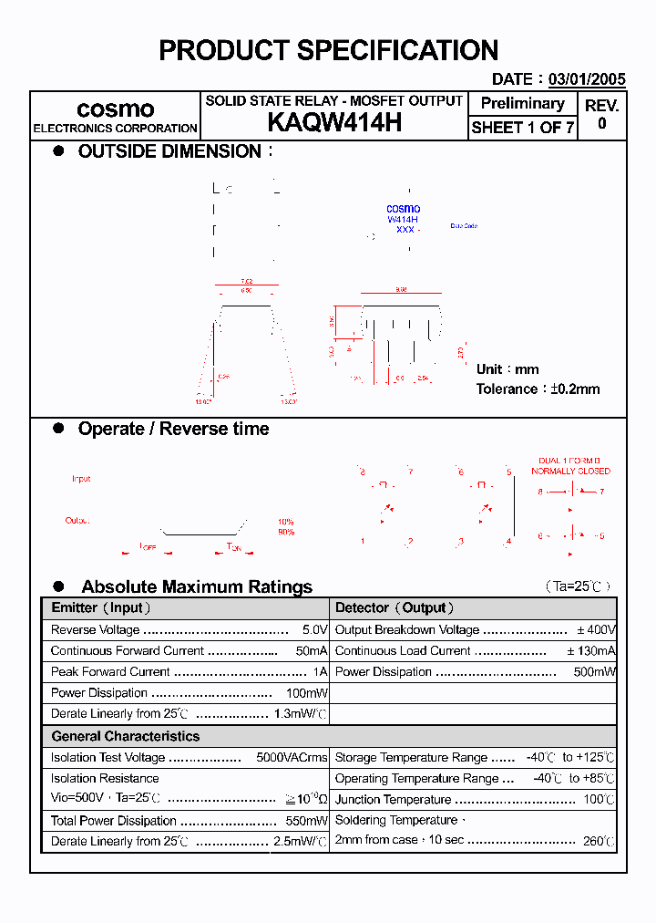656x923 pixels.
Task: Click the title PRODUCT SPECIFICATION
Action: (x=328, y=50)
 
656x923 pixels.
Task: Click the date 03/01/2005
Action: (x=587, y=79)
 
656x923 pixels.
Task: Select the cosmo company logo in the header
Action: (x=115, y=109)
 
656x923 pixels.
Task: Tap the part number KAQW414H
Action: (x=334, y=123)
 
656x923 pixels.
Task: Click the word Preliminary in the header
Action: (x=522, y=103)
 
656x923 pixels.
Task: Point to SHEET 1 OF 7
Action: (x=522, y=128)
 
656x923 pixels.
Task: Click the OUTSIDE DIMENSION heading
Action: (x=169, y=151)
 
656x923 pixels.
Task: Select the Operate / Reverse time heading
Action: (x=173, y=429)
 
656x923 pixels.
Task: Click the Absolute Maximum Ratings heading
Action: (x=197, y=586)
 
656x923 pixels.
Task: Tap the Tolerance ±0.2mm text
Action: (x=538, y=389)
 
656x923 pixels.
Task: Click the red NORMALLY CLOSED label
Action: (x=571, y=472)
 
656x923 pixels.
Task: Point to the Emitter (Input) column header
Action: (x=101, y=607)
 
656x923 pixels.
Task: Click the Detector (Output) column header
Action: (x=395, y=607)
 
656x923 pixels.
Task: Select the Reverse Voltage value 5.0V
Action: (x=314, y=629)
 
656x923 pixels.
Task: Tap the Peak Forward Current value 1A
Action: (x=320, y=671)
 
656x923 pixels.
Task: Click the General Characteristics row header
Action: (x=125, y=736)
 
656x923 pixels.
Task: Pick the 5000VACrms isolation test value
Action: (x=292, y=757)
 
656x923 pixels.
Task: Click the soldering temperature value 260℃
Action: (x=599, y=841)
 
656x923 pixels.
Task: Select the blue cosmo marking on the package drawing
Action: (x=404, y=209)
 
